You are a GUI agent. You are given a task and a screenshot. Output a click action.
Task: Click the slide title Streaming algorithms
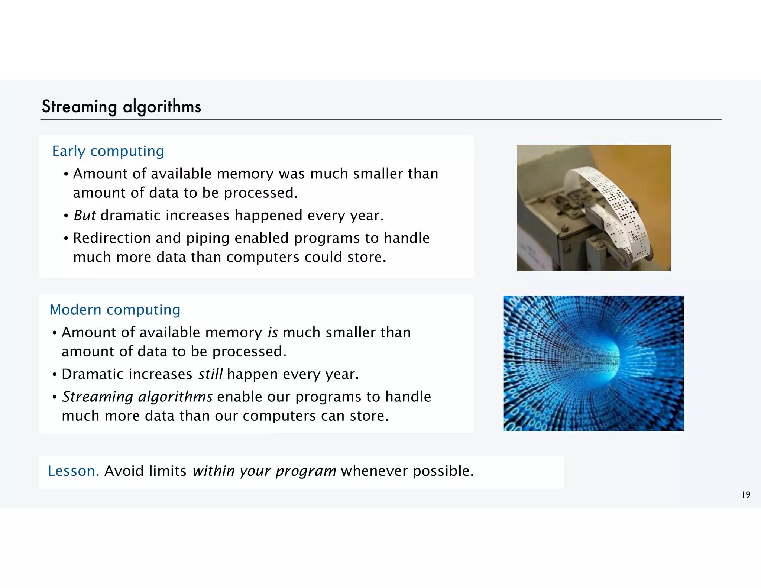click(x=121, y=107)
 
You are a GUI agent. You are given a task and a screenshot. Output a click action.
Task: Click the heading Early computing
click(x=108, y=151)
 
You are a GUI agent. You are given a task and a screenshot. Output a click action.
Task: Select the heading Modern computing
click(x=115, y=310)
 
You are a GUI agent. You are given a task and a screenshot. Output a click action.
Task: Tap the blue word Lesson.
click(x=73, y=471)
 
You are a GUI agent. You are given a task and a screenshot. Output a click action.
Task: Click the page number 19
click(x=746, y=495)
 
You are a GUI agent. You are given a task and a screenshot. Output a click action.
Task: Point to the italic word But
click(x=85, y=216)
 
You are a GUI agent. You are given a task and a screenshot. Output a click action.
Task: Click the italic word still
click(x=210, y=374)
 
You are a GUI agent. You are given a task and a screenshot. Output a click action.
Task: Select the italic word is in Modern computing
click(x=273, y=333)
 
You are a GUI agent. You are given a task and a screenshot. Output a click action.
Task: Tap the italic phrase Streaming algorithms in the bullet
click(x=137, y=397)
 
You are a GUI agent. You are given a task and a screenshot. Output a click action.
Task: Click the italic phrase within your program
click(x=264, y=471)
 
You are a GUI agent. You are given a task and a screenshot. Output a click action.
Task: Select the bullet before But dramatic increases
click(x=66, y=216)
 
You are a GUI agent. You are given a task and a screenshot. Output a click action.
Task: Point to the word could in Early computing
click(x=323, y=257)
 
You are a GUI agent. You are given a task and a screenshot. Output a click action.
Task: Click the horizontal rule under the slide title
click(x=380, y=120)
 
